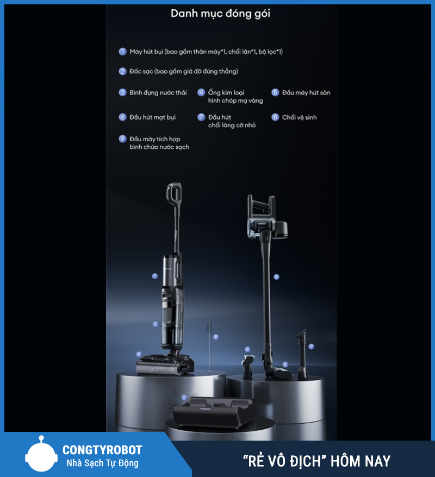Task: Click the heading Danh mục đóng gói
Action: [220, 14]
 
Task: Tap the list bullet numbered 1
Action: [122, 52]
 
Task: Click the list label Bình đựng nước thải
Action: [158, 93]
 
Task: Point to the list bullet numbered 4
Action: [201, 92]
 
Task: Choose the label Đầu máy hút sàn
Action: [306, 93]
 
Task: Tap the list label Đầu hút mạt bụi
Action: [152, 117]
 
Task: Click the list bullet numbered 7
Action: [201, 117]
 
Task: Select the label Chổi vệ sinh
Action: [299, 117]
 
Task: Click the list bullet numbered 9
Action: [122, 139]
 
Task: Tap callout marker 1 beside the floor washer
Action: [154, 276]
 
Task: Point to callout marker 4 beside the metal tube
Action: [276, 277]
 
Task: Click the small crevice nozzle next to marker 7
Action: [301, 354]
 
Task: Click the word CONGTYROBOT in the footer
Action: [102, 450]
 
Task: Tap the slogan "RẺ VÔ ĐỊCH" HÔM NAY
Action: [316, 461]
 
